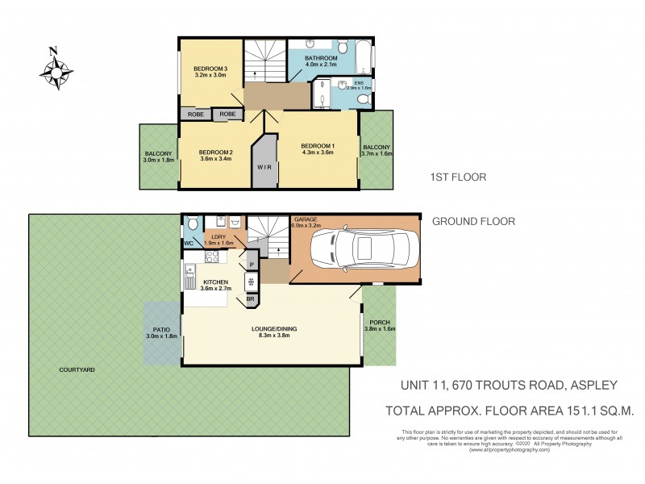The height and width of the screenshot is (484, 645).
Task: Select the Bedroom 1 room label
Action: pyautogui.click(x=318, y=145)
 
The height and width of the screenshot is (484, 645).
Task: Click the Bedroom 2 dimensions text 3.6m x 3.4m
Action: pyautogui.click(x=215, y=159)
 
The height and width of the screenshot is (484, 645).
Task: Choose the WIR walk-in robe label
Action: pyautogui.click(x=264, y=168)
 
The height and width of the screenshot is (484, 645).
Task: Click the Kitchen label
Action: pyautogui.click(x=215, y=282)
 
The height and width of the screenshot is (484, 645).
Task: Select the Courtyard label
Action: pyautogui.click(x=77, y=369)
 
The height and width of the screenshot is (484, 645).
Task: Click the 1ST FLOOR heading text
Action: pyautogui.click(x=459, y=177)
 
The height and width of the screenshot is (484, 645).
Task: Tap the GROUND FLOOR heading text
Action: pyautogui.click(x=473, y=221)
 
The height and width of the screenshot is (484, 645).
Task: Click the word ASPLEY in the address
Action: pyautogui.click(x=595, y=386)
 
